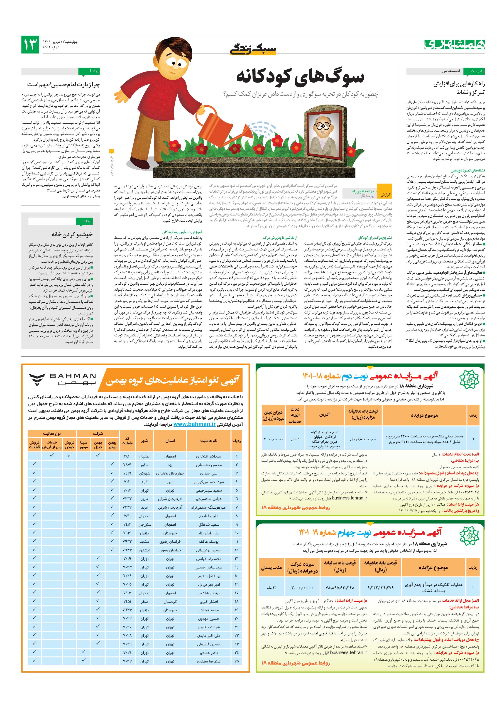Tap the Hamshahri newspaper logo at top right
454,44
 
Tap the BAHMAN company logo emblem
37,379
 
